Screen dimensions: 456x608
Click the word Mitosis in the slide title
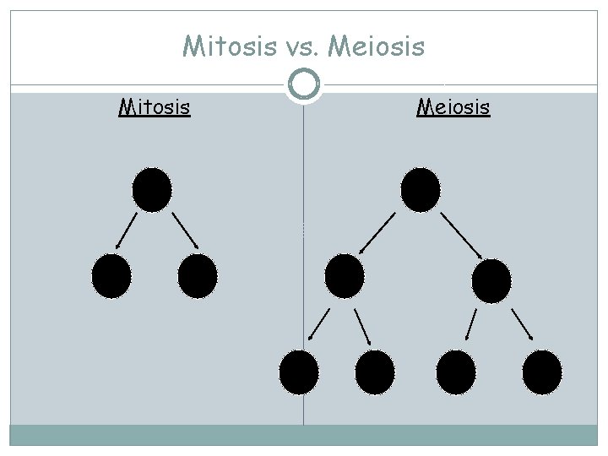[x=224, y=46]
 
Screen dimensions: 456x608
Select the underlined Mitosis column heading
[x=154, y=107]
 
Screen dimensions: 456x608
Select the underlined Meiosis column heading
[x=453, y=107]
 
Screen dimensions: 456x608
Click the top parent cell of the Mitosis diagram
[x=152, y=189]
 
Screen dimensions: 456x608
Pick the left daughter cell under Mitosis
[x=111, y=276]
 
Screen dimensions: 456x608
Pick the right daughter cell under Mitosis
[x=198, y=276]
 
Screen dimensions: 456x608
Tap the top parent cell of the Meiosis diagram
[x=421, y=189]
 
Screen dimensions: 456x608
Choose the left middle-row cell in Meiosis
[x=344, y=275]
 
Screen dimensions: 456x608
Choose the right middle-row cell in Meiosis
[x=491, y=280]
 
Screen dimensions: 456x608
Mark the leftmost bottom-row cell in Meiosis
[x=299, y=372]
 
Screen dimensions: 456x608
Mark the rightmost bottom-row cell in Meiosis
[x=541, y=372]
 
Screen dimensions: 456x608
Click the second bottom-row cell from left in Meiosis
[x=375, y=372]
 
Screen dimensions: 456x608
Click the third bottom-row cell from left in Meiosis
[x=457, y=372]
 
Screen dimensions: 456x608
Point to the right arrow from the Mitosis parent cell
[x=185, y=230]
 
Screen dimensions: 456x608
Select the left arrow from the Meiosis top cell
[x=377, y=232]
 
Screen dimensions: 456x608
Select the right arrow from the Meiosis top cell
[x=461, y=236]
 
